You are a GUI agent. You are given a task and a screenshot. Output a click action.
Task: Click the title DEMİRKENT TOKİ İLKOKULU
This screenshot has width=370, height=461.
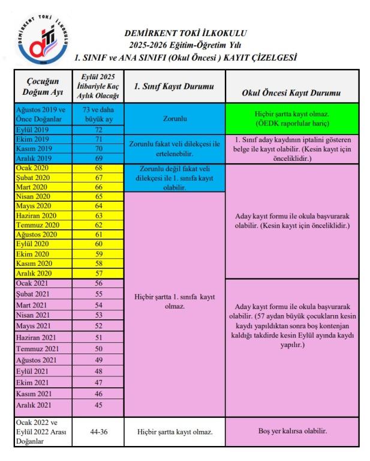coord(186,33)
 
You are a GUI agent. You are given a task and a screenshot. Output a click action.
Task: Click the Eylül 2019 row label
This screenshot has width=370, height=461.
coord(32,130)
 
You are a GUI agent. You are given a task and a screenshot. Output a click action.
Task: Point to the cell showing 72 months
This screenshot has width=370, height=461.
coord(98,130)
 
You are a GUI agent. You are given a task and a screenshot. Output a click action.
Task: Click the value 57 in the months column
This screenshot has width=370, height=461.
coord(98,273)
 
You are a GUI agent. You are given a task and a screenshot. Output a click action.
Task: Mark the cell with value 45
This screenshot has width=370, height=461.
coord(98,405)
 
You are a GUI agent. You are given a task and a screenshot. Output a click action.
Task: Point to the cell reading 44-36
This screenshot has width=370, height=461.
coord(98,432)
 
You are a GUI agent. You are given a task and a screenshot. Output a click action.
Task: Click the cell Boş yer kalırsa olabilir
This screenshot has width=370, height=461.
coord(291,432)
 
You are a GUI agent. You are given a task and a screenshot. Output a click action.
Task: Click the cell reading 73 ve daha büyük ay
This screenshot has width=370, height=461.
coord(98,114)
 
